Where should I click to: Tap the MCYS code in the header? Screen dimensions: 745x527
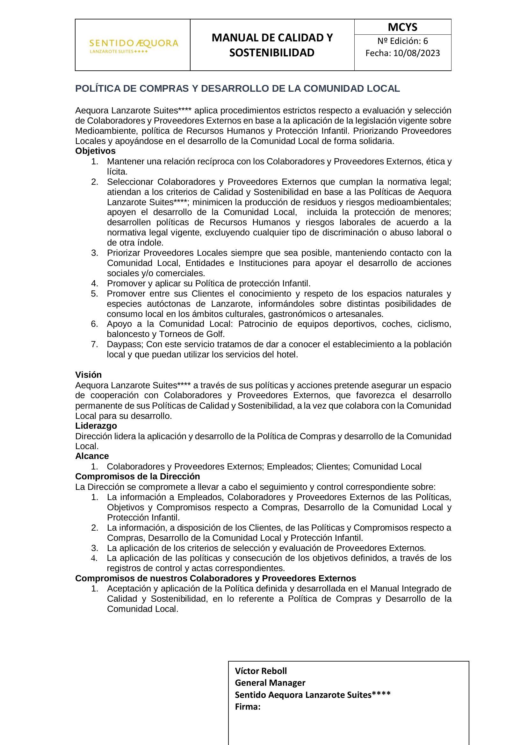(402, 27)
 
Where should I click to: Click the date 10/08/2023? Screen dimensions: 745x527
(417, 53)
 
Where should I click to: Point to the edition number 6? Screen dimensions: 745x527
(425, 41)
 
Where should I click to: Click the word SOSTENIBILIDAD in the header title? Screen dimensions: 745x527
(272, 53)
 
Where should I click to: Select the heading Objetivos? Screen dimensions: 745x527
(95, 151)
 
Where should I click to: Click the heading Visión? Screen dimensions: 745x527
(88, 375)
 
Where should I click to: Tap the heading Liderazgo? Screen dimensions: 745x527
(96, 426)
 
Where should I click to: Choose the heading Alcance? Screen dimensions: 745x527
(92, 456)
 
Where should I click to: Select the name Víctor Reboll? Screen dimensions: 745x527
(261, 671)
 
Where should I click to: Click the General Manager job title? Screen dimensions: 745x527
(270, 683)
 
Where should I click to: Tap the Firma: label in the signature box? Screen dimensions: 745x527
(248, 707)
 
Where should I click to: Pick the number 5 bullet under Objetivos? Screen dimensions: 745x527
(94, 294)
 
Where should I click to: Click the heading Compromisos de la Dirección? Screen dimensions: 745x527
(138, 476)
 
